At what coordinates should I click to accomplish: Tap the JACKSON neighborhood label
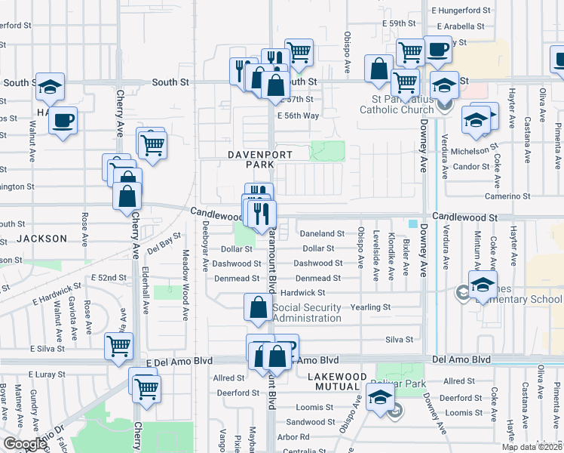42,238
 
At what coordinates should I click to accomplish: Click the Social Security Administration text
307,313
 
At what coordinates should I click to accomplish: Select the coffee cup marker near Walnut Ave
63,119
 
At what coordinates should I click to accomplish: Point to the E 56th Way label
298,116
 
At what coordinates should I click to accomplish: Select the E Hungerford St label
459,11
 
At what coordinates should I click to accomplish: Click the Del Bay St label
164,242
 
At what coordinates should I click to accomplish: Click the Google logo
25,444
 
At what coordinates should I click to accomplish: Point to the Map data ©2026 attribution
532,447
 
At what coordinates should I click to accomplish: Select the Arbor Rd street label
293,436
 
